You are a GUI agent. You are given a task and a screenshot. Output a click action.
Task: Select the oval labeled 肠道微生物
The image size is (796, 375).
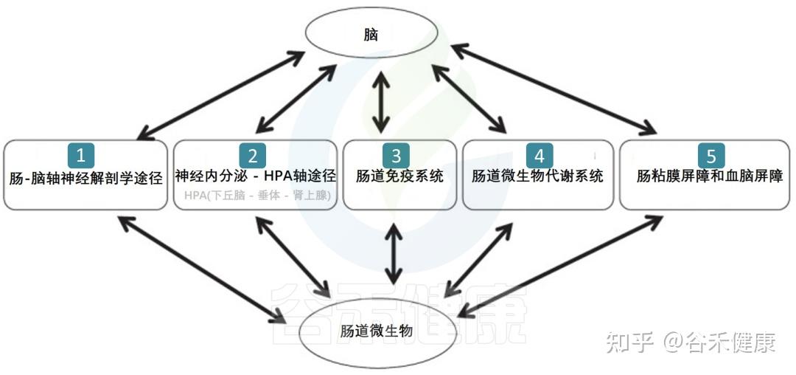pos(375,331)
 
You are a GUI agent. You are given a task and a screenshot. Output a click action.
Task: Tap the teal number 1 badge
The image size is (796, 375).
pos(81,155)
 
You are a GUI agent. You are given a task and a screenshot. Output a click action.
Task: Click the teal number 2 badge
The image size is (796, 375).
pos(253,155)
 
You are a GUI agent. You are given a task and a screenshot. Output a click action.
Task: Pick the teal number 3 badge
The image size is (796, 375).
pos(396,155)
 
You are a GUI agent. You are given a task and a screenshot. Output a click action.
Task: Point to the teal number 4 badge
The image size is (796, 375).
pos(539,155)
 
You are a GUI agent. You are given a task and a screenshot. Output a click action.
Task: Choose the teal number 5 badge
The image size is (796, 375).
pos(711,155)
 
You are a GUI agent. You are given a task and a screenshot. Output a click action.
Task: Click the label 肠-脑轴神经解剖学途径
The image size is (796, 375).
pos(85,178)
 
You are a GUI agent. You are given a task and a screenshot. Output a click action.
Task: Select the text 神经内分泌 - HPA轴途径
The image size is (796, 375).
pos(256,176)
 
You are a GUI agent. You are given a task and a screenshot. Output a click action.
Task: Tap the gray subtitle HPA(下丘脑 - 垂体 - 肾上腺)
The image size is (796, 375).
pos(256,197)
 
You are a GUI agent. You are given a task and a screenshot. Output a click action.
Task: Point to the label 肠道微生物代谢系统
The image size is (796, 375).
pos(537,177)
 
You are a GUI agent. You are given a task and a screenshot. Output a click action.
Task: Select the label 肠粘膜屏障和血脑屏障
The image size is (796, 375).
pos(709,177)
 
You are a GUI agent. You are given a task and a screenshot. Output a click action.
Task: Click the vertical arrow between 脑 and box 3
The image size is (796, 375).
pos(381,101)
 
